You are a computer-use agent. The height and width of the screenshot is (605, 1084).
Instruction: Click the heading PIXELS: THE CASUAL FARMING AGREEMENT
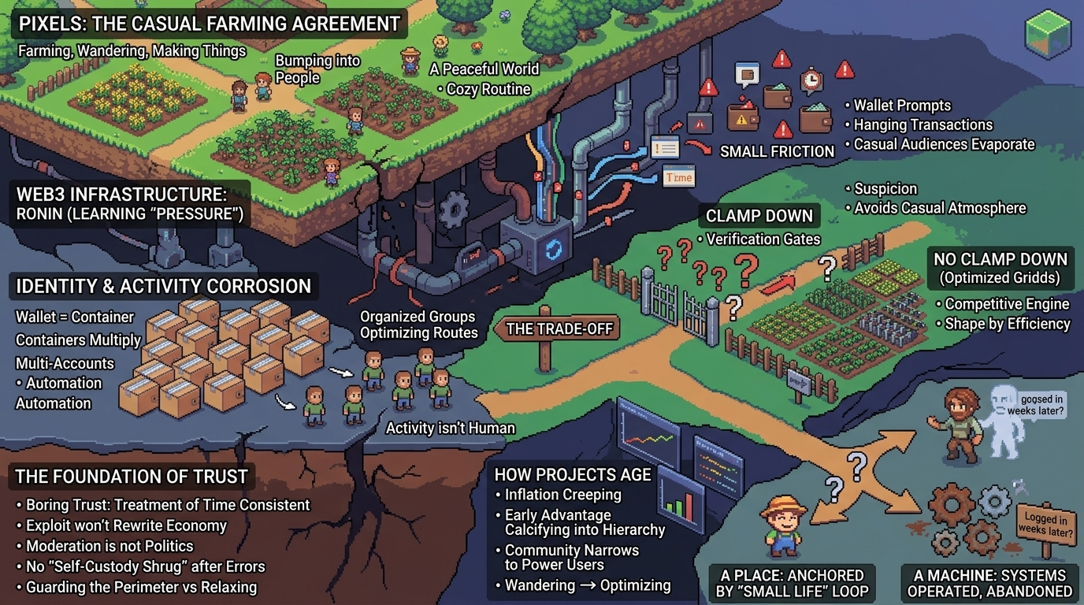(210, 23)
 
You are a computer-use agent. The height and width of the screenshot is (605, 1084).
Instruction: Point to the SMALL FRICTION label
(777, 151)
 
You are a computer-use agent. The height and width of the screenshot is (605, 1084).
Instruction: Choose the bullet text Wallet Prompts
(902, 106)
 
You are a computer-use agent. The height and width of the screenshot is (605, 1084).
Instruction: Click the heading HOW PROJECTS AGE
(573, 474)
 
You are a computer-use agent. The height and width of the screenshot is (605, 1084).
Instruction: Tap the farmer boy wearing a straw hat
(783, 523)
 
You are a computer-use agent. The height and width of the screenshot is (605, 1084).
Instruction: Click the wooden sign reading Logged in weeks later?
(1047, 525)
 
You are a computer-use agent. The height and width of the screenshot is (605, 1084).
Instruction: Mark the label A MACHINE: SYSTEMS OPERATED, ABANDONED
(989, 583)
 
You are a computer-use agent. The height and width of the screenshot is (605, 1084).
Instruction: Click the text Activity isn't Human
(450, 429)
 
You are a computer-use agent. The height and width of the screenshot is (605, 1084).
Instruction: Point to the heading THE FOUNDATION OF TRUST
(132, 476)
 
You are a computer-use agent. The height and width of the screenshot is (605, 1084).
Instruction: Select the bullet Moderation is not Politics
(110, 546)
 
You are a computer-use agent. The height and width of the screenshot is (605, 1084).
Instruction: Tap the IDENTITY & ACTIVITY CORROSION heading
(164, 286)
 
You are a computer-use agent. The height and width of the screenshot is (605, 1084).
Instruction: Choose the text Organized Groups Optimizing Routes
(418, 325)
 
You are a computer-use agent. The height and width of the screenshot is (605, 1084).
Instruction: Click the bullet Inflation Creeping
(562, 495)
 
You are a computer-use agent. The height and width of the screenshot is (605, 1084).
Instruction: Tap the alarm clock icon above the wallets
(811, 80)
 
